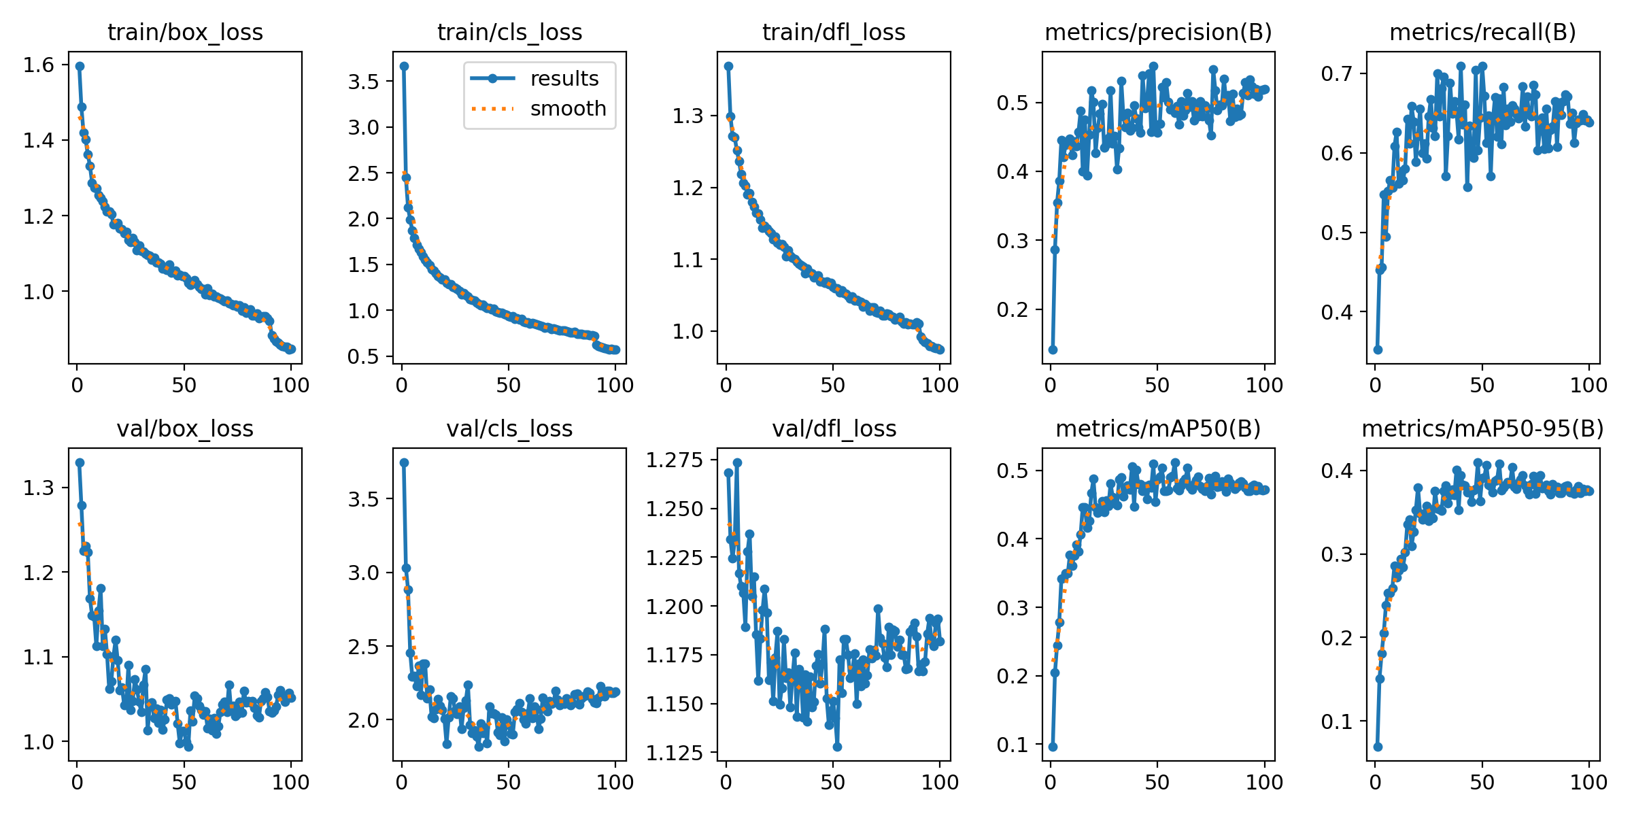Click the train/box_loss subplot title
point(185,33)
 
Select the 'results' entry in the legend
point(564,79)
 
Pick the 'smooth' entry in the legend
point(568,109)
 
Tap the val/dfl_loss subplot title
point(834,429)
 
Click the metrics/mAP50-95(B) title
point(1482,429)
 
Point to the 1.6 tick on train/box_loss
point(38,65)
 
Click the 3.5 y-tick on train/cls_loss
point(363,82)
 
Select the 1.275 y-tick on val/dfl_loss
point(674,460)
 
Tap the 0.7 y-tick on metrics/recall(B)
point(1338,73)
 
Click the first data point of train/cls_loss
point(404,66)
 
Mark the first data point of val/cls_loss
point(404,462)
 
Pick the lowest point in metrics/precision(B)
point(1053,350)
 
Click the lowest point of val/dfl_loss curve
point(837,747)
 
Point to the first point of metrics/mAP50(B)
point(1053,747)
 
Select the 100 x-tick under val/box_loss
point(291,782)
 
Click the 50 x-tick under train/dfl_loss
point(832,386)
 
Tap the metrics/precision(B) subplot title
point(1158,33)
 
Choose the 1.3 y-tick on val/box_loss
point(38,488)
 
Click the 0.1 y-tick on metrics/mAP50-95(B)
point(1338,721)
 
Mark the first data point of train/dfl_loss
point(728,66)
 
